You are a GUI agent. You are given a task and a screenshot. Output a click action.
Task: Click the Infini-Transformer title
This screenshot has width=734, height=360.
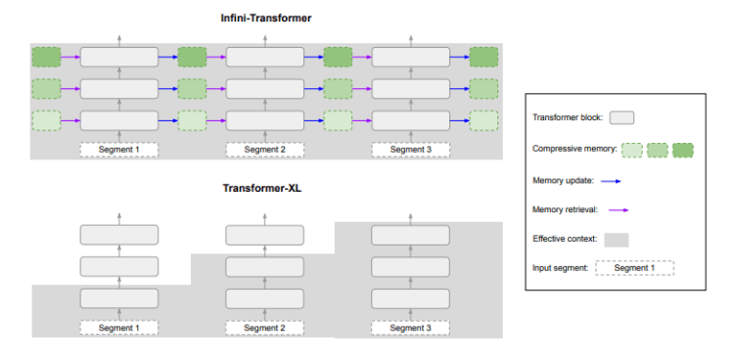[264, 18]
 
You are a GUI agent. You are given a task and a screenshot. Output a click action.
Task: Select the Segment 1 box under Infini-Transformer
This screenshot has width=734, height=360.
[118, 150]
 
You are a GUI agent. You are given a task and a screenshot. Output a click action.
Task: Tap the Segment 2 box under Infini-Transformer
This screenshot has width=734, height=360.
[264, 150]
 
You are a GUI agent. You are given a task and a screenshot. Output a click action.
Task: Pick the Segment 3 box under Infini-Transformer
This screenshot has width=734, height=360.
[410, 150]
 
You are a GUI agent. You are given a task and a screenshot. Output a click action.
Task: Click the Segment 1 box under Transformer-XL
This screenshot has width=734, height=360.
[118, 327]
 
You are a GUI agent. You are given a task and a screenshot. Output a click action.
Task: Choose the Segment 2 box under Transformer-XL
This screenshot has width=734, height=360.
[264, 327]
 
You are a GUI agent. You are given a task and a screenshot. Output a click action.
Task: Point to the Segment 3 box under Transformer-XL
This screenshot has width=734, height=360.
[410, 327]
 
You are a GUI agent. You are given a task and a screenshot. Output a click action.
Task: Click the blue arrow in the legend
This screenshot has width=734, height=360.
[611, 181]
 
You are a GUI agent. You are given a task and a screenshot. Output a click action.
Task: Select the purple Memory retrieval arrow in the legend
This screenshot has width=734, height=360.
[616, 209]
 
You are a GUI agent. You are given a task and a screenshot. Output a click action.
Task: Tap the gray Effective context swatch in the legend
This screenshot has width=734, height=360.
[616, 239]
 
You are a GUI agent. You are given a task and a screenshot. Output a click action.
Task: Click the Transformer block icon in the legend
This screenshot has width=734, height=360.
[621, 117]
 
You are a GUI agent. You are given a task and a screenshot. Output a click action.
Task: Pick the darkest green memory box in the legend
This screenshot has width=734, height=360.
[682, 150]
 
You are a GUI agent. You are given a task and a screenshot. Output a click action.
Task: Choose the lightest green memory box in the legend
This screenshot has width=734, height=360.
[632, 150]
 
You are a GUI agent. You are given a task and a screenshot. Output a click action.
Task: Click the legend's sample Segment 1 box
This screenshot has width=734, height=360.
[634, 267]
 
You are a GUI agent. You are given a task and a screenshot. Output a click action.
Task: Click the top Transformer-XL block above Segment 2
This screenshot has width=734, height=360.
[264, 235]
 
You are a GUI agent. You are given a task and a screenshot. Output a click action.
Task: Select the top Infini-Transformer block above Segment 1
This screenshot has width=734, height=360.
[118, 57]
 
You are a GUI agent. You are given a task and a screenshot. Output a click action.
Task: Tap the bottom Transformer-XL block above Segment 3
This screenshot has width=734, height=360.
[410, 298]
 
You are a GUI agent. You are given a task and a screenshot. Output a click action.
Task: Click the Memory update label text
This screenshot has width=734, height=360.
[562, 181]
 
